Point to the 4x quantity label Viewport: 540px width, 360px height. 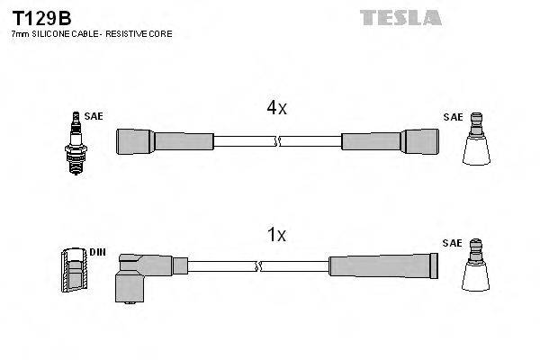point(275,109)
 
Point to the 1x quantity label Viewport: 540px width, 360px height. point(275,236)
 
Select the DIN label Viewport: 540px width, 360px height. point(97,253)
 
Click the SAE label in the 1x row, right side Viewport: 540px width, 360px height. point(452,244)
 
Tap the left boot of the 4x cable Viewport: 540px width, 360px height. point(166,140)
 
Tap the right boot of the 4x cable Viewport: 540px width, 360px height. point(388,140)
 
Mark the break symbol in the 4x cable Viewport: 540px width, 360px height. point(277,140)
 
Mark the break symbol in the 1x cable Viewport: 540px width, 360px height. point(258,266)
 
